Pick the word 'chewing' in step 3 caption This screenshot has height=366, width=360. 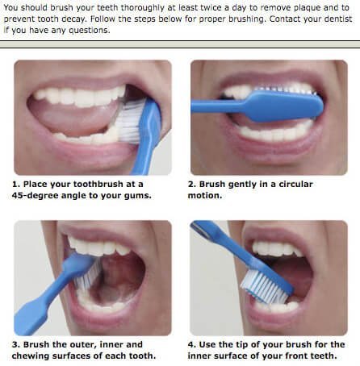(33, 356)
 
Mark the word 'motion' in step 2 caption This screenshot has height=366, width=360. (211, 195)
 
